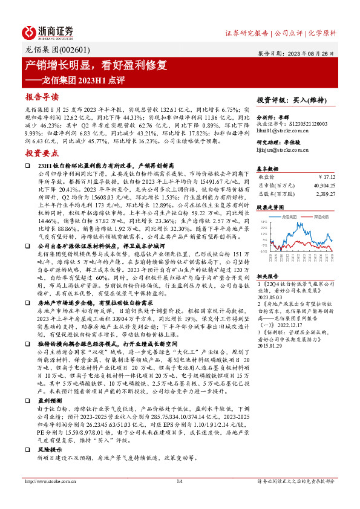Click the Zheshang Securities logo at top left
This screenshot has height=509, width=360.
48,32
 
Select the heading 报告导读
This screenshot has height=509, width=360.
42,97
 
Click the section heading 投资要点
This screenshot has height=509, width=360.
42,154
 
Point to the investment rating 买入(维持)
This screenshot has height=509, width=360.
313,99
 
